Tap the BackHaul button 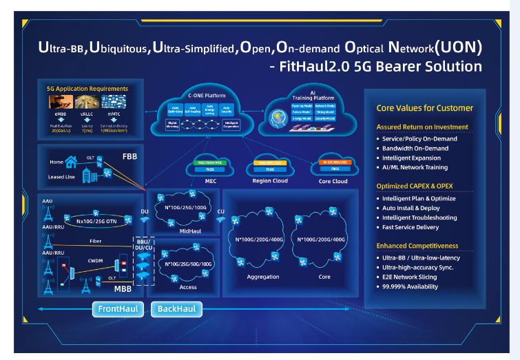click(177, 309)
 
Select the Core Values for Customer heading click(424, 108)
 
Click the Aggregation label click(262, 277)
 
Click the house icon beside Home click(71, 162)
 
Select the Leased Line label click(61, 177)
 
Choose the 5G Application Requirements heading click(87, 89)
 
